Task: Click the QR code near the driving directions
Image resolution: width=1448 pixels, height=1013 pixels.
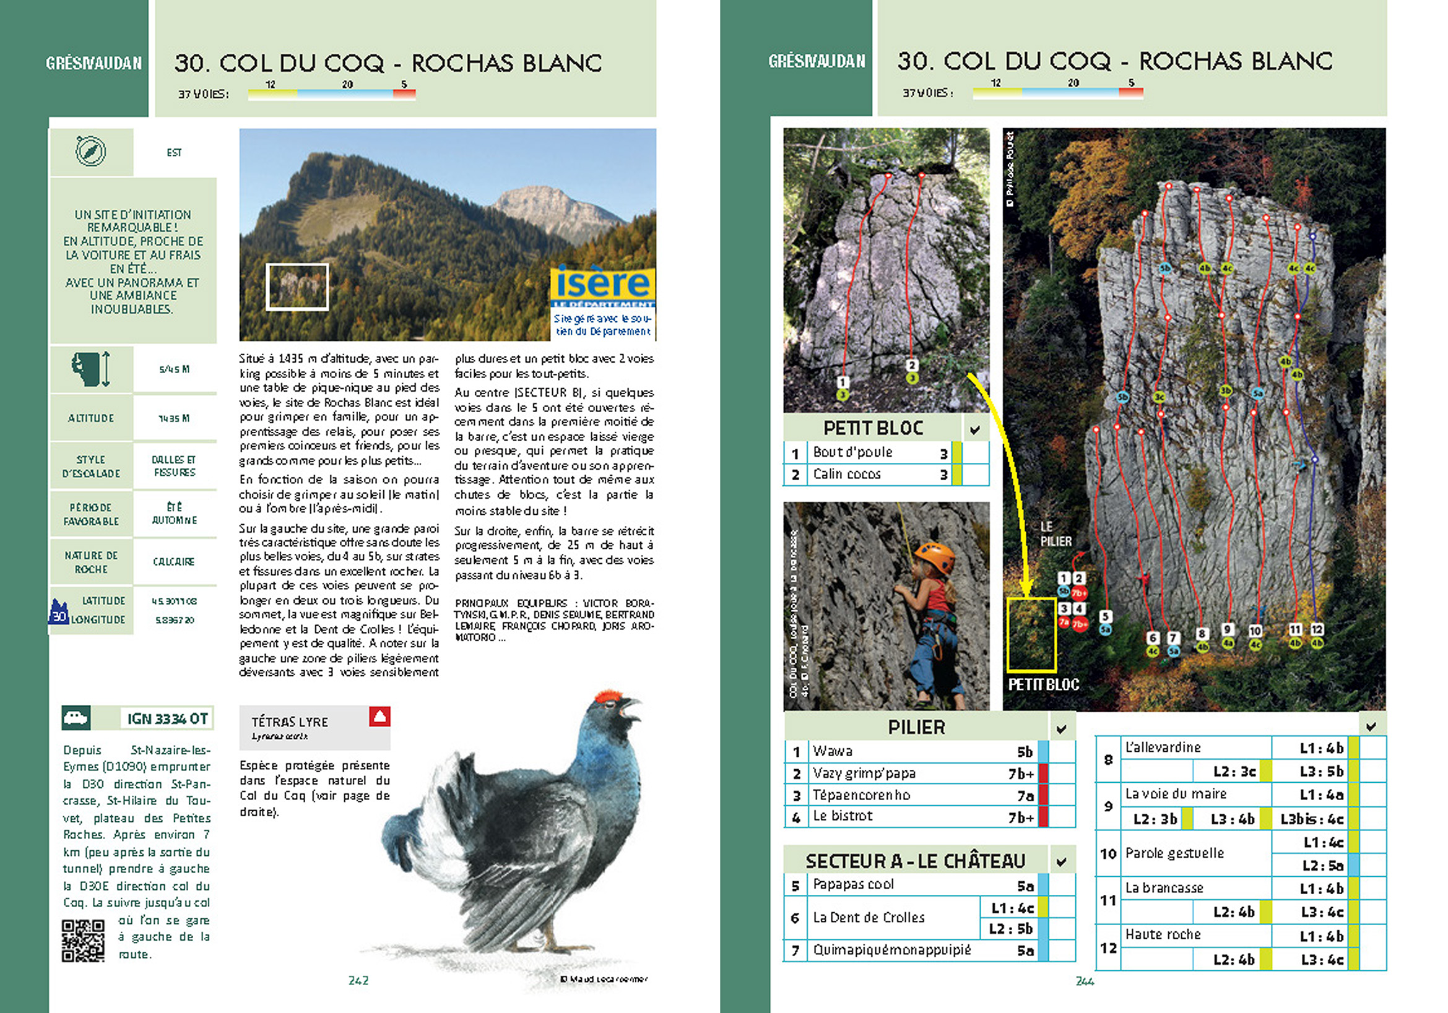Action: tap(82, 940)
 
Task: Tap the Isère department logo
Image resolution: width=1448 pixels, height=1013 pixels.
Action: tap(602, 285)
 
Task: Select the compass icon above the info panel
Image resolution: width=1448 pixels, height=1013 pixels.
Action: tap(91, 151)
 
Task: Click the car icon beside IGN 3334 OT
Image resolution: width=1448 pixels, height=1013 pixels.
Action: tap(76, 718)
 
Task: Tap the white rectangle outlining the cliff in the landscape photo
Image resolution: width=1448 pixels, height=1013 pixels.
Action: tap(297, 287)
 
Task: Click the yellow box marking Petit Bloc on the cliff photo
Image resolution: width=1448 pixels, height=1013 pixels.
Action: tap(1031, 634)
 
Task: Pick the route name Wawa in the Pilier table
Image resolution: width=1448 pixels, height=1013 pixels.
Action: tap(833, 751)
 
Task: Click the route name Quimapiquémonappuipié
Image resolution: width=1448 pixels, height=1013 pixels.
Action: tap(891, 950)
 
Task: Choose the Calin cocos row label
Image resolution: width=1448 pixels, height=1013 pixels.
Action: tap(846, 474)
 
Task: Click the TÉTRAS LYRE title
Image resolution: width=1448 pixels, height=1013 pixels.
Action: tap(290, 722)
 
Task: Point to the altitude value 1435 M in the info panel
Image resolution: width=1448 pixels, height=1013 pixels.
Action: tap(174, 418)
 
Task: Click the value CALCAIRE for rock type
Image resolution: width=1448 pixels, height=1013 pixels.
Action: tap(173, 562)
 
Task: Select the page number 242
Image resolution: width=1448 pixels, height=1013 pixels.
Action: tap(358, 980)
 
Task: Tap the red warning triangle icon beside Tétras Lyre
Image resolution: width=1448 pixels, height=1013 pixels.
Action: tap(379, 716)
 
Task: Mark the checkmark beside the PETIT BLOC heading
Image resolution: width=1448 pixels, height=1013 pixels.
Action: tap(975, 430)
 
